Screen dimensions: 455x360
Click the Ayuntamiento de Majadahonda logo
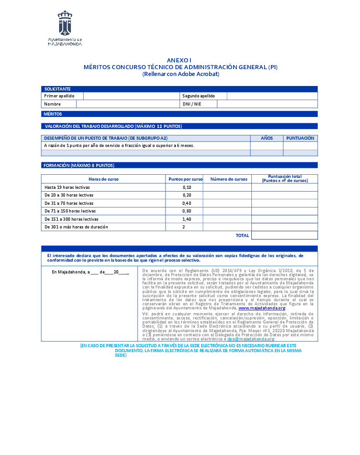65,28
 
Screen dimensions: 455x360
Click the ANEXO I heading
180,61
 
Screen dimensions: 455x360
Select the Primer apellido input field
131,96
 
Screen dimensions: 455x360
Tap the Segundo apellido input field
272,96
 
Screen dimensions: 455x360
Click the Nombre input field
128,104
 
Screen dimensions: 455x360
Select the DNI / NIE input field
267,104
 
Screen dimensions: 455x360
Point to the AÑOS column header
267,138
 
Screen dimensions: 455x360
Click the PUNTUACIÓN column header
300,138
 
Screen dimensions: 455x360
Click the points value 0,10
187,187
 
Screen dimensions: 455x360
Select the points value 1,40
187,219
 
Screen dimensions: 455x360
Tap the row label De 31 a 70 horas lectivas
69,203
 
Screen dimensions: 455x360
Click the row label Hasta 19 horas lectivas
67,187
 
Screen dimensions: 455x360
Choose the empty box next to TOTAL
284,235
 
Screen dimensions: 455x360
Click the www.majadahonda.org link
261,308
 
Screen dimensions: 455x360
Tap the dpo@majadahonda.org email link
251,339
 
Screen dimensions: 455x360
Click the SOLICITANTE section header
57,89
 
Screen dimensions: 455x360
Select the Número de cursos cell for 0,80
227,211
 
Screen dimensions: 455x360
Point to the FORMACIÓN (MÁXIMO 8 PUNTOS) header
79,165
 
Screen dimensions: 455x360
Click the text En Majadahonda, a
69,272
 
